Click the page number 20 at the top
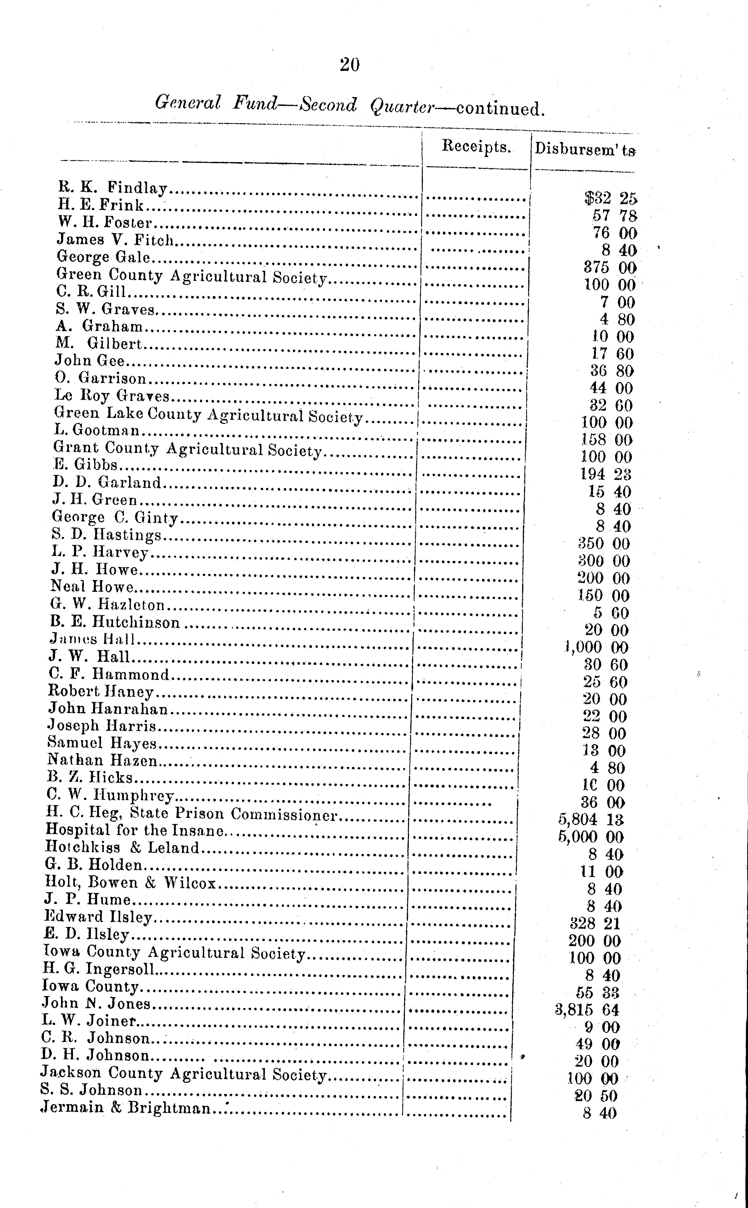(350, 65)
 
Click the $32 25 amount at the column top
(610, 198)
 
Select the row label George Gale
(103, 257)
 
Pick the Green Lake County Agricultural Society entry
(208, 415)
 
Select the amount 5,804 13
(591, 820)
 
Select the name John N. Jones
(96, 1003)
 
